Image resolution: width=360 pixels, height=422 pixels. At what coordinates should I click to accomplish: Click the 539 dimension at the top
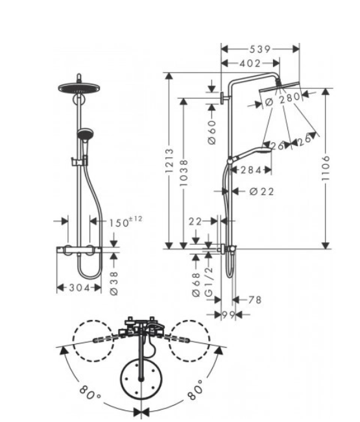259,49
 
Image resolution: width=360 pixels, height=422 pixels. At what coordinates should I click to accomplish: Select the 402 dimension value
250,64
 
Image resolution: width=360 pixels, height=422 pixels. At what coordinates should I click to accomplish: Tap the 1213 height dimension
169,160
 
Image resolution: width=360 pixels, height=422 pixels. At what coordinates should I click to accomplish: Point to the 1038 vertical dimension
184,173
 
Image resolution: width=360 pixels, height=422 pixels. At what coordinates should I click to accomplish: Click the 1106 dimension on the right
326,168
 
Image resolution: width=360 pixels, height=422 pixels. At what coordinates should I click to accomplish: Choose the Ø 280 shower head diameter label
282,99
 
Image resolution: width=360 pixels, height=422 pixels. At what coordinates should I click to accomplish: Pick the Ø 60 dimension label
212,132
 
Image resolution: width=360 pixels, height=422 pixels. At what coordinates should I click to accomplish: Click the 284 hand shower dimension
251,170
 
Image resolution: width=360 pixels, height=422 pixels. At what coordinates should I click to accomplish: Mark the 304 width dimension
79,288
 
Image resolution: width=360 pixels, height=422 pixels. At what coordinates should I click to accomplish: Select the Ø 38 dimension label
114,284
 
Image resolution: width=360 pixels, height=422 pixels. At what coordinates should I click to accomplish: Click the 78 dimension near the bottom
255,299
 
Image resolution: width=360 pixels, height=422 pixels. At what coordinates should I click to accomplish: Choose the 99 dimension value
228,314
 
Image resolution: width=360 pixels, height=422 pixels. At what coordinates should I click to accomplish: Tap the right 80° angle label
195,389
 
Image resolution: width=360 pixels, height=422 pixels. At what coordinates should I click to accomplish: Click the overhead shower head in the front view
79,88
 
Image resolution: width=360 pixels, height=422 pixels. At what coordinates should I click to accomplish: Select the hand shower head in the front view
85,134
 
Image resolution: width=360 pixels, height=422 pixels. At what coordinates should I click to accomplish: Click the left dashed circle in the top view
93,341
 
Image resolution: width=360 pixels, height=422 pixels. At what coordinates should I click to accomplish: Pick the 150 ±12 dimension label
125,222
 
